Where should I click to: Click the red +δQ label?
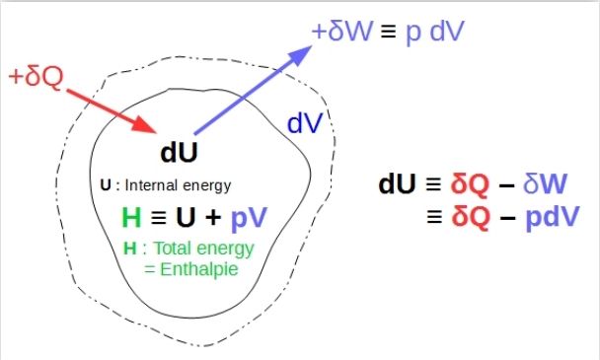(x=37, y=75)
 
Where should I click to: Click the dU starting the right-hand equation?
(x=399, y=184)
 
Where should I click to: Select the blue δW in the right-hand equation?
(x=547, y=184)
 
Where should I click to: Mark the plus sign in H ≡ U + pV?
(x=215, y=218)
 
